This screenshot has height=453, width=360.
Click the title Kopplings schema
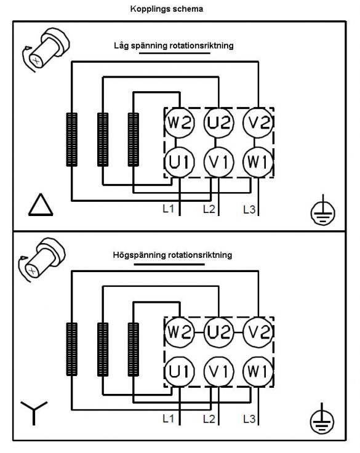167,9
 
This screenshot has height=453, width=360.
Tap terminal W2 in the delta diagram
180,122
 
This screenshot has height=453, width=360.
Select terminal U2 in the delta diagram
218,122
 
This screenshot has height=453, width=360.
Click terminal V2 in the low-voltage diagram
258,122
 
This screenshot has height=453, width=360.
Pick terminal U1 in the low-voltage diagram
180,162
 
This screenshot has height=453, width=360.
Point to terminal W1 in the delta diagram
258,162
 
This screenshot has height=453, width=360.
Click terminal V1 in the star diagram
218,371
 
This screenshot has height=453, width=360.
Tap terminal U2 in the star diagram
218,332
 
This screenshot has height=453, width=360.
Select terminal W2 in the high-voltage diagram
180,332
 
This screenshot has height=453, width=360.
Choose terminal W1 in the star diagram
258,371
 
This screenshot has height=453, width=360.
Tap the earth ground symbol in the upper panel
322,210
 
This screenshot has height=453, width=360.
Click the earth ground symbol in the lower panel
322,420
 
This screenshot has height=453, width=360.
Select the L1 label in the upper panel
169,209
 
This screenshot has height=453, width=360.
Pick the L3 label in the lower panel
249,419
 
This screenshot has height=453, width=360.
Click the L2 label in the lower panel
209,419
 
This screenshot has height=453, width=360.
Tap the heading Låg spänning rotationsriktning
174,46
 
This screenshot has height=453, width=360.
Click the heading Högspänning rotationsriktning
172,255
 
